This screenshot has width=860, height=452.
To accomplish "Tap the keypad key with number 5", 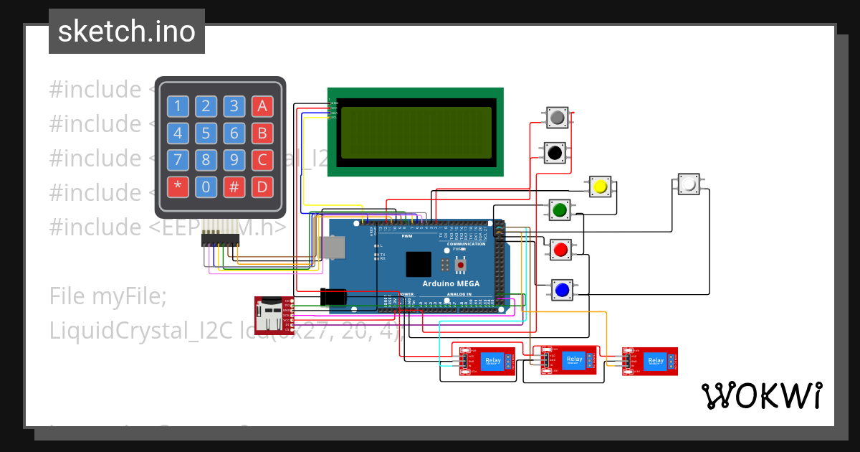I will click(x=206, y=133).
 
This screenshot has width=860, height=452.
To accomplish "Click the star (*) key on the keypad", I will click(x=178, y=188).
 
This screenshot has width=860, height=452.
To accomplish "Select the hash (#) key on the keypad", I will click(x=234, y=188).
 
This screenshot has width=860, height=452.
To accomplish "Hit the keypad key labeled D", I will click(x=262, y=188).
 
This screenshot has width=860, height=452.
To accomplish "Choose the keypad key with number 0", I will click(x=206, y=188).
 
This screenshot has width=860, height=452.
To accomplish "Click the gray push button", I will click(x=557, y=117).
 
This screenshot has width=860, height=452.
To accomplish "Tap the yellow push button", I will click(x=600, y=187).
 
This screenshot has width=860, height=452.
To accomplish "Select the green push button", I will click(x=560, y=210).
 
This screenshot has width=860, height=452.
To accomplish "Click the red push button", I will click(x=560, y=250).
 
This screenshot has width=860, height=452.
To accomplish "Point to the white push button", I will click(x=689, y=184).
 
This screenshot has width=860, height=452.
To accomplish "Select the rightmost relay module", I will click(x=649, y=360).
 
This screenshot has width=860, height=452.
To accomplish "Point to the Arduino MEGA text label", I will click(x=451, y=284).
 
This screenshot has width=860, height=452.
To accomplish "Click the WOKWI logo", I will click(x=761, y=395).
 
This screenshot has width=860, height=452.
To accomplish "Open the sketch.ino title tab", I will click(x=127, y=32).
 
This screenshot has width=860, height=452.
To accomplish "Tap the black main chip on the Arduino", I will click(x=419, y=264).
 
